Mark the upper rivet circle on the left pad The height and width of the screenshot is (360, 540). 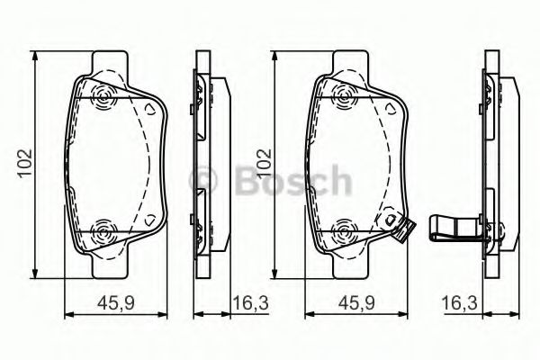[101, 95]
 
